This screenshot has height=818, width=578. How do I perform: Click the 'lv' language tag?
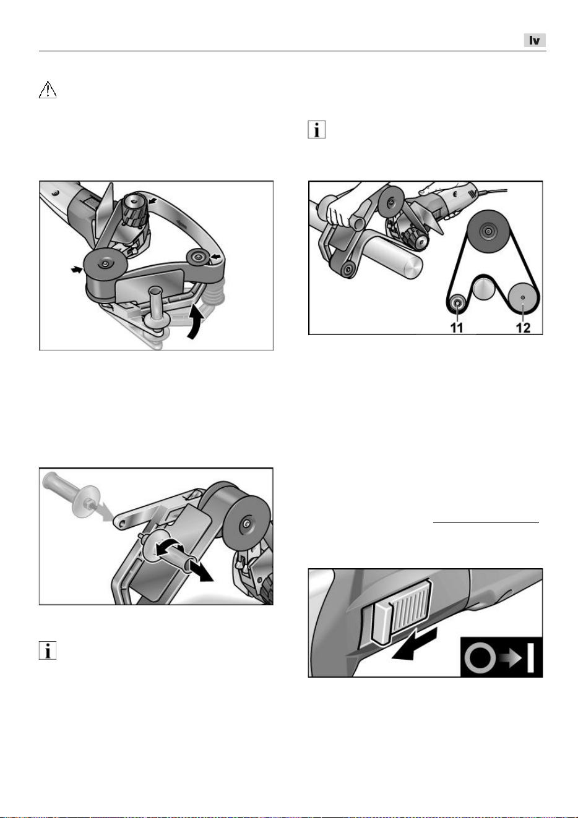[535, 40]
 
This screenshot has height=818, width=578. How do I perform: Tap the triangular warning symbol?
[48, 90]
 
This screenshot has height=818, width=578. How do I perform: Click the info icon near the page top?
[317, 130]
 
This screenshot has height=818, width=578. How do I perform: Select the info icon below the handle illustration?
[48, 650]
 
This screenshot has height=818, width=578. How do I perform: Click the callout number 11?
[457, 328]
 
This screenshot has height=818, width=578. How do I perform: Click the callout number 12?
[523, 328]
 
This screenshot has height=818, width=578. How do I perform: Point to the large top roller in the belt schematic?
[487, 231]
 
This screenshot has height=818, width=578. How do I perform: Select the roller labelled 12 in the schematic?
[522, 297]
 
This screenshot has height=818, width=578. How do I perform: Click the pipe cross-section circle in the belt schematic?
[484, 288]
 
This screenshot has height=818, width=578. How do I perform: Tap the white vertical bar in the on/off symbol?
[530, 659]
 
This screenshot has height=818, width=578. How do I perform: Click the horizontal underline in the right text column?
[486, 522]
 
